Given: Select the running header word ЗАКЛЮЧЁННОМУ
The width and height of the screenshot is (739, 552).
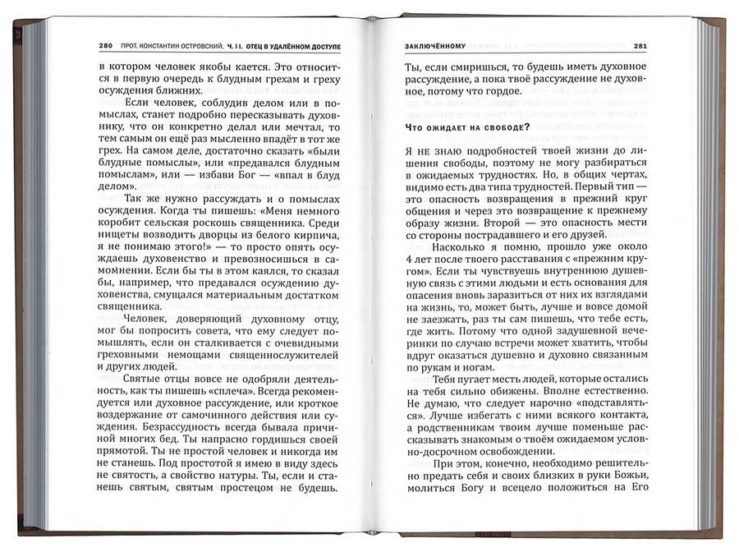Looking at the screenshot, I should (434, 45).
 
